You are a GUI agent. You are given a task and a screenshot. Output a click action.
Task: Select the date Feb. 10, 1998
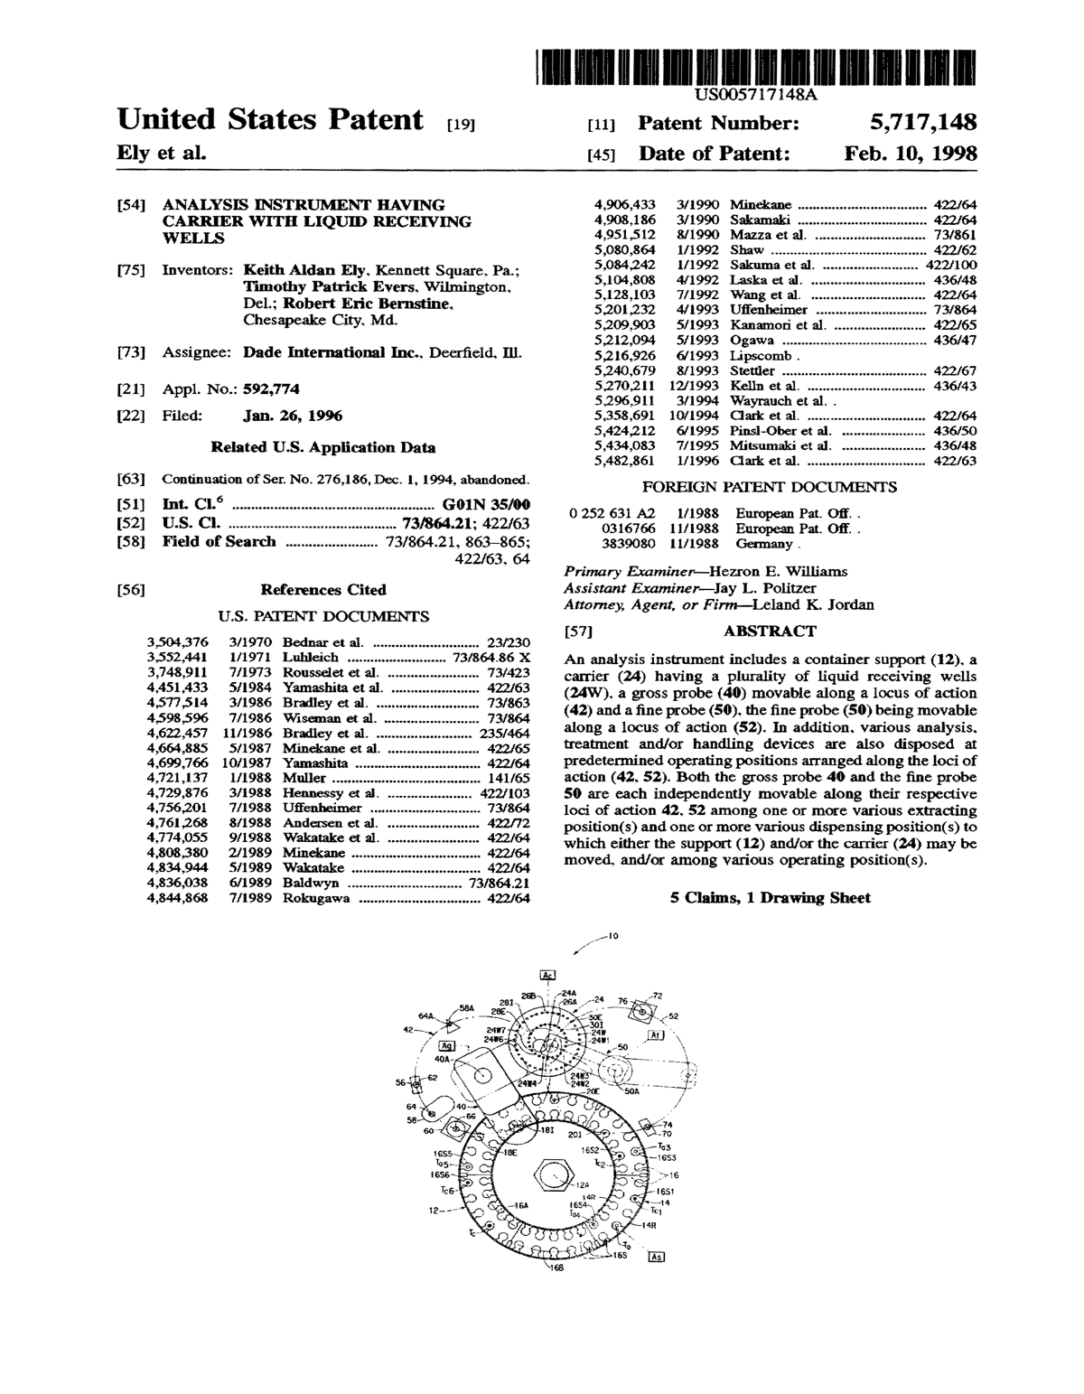click(x=911, y=154)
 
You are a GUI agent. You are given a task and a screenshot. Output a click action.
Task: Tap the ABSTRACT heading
click(x=770, y=632)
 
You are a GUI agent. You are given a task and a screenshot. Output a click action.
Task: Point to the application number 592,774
click(x=271, y=389)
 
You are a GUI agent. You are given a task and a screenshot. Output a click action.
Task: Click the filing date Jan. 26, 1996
click(x=293, y=416)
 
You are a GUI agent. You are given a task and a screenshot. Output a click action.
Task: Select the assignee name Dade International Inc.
click(x=332, y=353)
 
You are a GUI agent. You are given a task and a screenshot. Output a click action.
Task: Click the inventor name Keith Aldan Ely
click(x=305, y=270)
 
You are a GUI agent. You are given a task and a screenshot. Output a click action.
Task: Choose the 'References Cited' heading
click(x=322, y=590)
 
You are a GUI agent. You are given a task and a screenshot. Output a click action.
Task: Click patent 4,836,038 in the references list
click(x=177, y=883)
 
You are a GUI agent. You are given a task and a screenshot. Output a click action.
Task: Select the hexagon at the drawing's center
click(x=551, y=1175)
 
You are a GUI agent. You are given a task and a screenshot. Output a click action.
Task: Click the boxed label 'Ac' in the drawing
click(x=548, y=975)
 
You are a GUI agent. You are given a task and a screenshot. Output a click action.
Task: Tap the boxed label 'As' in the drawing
click(x=657, y=1257)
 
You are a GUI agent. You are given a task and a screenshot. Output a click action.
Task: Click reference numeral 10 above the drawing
click(x=612, y=937)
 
